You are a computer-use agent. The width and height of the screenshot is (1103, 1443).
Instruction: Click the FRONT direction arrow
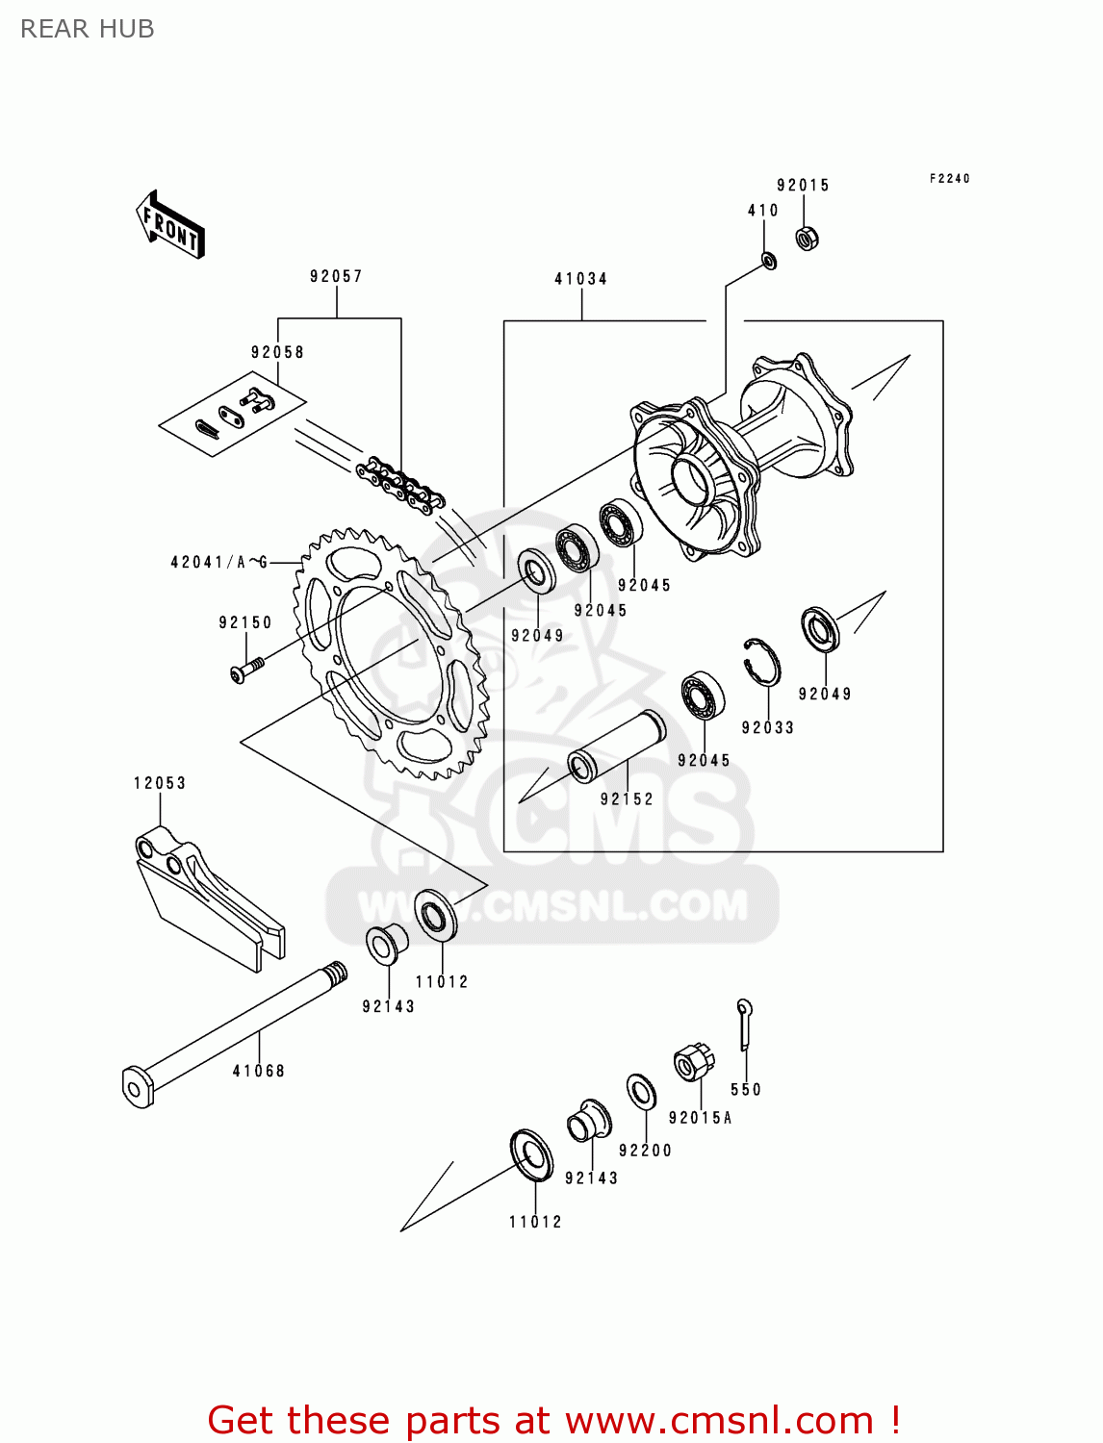(171, 225)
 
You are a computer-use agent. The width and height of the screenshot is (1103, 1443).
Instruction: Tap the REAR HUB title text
(88, 29)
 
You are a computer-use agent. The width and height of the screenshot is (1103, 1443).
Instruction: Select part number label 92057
(336, 277)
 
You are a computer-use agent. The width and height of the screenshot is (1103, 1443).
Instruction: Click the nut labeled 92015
(808, 237)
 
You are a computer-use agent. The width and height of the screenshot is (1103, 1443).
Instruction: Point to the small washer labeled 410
(769, 260)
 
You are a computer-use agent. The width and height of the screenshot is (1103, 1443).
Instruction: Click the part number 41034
(580, 279)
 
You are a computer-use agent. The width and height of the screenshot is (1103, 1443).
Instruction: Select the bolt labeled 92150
(247, 669)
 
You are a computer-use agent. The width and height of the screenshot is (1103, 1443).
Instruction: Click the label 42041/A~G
(219, 562)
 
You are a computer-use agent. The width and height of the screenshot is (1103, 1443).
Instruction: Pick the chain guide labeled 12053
(207, 899)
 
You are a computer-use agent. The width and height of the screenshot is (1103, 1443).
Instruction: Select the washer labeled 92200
(641, 1092)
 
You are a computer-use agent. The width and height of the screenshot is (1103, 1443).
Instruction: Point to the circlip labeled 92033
(762, 661)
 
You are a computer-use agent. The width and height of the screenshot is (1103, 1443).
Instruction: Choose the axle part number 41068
(258, 1071)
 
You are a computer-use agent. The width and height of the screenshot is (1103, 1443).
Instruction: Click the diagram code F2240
(949, 179)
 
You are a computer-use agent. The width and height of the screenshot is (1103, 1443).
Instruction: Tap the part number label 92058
(277, 352)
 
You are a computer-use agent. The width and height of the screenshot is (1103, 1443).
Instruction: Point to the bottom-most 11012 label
(535, 1222)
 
